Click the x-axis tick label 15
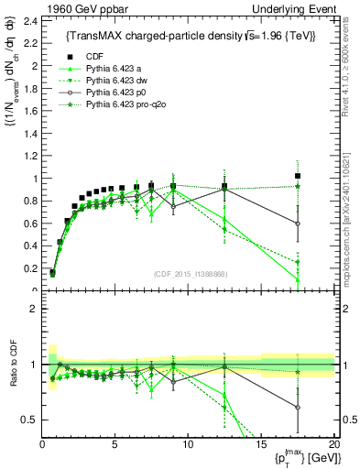[261, 444]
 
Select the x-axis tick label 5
[115, 444]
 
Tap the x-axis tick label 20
[333, 444]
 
